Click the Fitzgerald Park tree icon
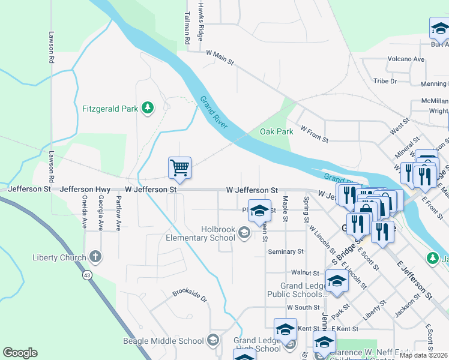[147, 108]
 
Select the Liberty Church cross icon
[95, 257]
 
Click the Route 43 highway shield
[87, 275]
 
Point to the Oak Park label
[276, 131]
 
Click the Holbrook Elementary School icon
[244, 232]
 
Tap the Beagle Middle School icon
[212, 341]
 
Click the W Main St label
[219, 58]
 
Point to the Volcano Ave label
[406, 59]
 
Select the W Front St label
[315, 134]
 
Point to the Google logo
[20, 353]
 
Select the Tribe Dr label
[385, 81]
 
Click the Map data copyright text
[423, 355]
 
